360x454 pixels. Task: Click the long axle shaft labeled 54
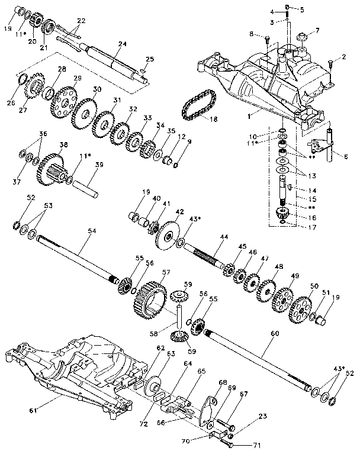point(77,258)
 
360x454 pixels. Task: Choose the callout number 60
point(274,333)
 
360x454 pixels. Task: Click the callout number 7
point(317,30)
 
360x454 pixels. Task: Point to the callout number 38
point(63,144)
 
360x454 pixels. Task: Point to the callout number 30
point(97,89)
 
